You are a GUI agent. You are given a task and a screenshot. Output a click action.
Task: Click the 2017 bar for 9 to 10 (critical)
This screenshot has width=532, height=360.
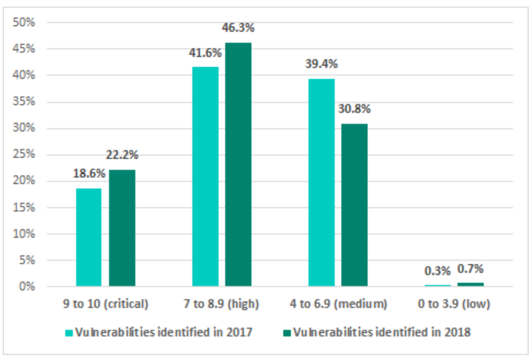pyautogui.click(x=89, y=237)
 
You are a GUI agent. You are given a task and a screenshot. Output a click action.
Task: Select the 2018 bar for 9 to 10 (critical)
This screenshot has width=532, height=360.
pyautogui.click(x=122, y=228)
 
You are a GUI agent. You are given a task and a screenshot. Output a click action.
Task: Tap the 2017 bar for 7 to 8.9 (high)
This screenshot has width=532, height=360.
pyautogui.click(x=205, y=176)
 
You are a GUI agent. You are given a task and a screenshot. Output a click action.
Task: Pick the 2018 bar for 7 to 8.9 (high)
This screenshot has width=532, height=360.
pyautogui.click(x=238, y=164)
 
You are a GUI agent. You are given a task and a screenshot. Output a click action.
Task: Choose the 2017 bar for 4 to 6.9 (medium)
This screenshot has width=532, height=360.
pyautogui.click(x=321, y=182)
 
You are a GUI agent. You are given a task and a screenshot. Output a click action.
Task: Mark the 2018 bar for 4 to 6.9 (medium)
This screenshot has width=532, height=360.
pyautogui.click(x=354, y=205)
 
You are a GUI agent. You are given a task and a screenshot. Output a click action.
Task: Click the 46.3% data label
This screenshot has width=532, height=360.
pyautogui.click(x=238, y=27)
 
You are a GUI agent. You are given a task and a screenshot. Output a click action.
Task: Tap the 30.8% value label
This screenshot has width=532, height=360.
pyautogui.click(x=354, y=108)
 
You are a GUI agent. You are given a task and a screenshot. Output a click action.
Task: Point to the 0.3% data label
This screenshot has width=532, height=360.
pyautogui.click(x=437, y=271)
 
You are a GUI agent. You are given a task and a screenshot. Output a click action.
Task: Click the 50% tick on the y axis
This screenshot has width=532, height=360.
pyautogui.click(x=26, y=22)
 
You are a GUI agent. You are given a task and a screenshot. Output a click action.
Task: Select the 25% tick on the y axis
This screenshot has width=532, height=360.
pyautogui.click(x=26, y=155)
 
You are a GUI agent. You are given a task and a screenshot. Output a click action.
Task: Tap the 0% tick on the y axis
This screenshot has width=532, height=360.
pyautogui.click(x=28, y=287)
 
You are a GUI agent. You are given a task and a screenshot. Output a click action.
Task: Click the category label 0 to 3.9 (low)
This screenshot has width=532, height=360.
pyautogui.click(x=454, y=303)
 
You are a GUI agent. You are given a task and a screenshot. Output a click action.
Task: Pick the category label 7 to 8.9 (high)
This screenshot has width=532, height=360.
pyautogui.click(x=221, y=303)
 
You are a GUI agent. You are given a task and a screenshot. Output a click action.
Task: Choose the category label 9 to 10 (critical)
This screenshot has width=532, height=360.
pyautogui.click(x=105, y=303)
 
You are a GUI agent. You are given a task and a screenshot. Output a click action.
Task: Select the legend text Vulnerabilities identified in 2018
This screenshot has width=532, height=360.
pyautogui.click(x=382, y=332)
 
